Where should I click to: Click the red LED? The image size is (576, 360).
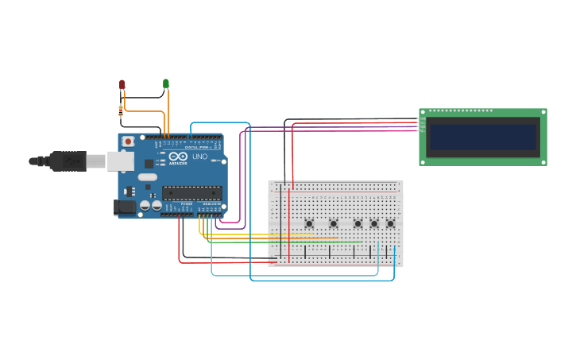click(x=122, y=83)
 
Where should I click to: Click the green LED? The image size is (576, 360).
click(x=166, y=83)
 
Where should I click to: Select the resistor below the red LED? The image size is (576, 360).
click(x=121, y=111)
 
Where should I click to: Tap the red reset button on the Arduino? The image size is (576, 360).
click(x=128, y=141)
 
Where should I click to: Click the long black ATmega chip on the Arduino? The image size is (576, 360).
click(x=191, y=192)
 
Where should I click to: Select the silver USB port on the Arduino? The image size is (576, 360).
click(x=120, y=161)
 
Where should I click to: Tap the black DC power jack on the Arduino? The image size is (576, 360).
click(x=125, y=207)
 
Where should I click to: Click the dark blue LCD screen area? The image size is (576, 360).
click(x=482, y=137)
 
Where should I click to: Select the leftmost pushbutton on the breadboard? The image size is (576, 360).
click(x=309, y=223)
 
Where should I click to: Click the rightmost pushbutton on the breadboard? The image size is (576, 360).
click(x=390, y=223)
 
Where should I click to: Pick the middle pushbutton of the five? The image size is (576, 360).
click(x=358, y=223)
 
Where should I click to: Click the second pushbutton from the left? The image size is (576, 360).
click(x=334, y=223)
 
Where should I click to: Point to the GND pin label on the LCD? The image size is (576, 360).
click(x=423, y=119)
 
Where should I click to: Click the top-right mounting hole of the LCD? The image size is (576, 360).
click(x=543, y=113)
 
